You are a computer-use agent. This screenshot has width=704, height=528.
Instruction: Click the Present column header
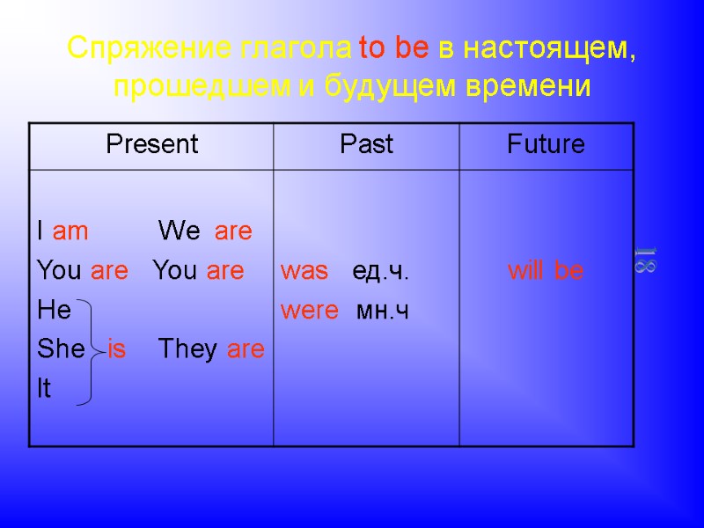coord(152,144)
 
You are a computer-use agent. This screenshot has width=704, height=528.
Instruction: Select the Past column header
coord(366,144)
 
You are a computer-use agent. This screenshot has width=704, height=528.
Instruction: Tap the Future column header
coord(546,144)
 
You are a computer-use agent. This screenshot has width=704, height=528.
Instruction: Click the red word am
coord(70,232)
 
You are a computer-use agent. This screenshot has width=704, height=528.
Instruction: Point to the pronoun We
coord(180,232)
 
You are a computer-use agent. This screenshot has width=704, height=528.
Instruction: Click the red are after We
coord(233,232)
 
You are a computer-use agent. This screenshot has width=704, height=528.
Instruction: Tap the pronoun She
coord(61,349)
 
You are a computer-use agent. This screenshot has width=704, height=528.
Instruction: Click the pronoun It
coord(44,389)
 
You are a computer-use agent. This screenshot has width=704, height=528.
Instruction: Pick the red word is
coord(116,349)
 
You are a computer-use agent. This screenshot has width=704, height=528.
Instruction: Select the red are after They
coord(246,349)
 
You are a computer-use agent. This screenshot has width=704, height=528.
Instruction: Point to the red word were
coord(309,311)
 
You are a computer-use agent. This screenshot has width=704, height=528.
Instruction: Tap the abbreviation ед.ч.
coord(380,272)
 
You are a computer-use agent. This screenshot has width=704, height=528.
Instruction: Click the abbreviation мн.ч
coord(382,311)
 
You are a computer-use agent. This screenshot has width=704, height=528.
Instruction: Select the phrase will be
coord(546,272)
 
